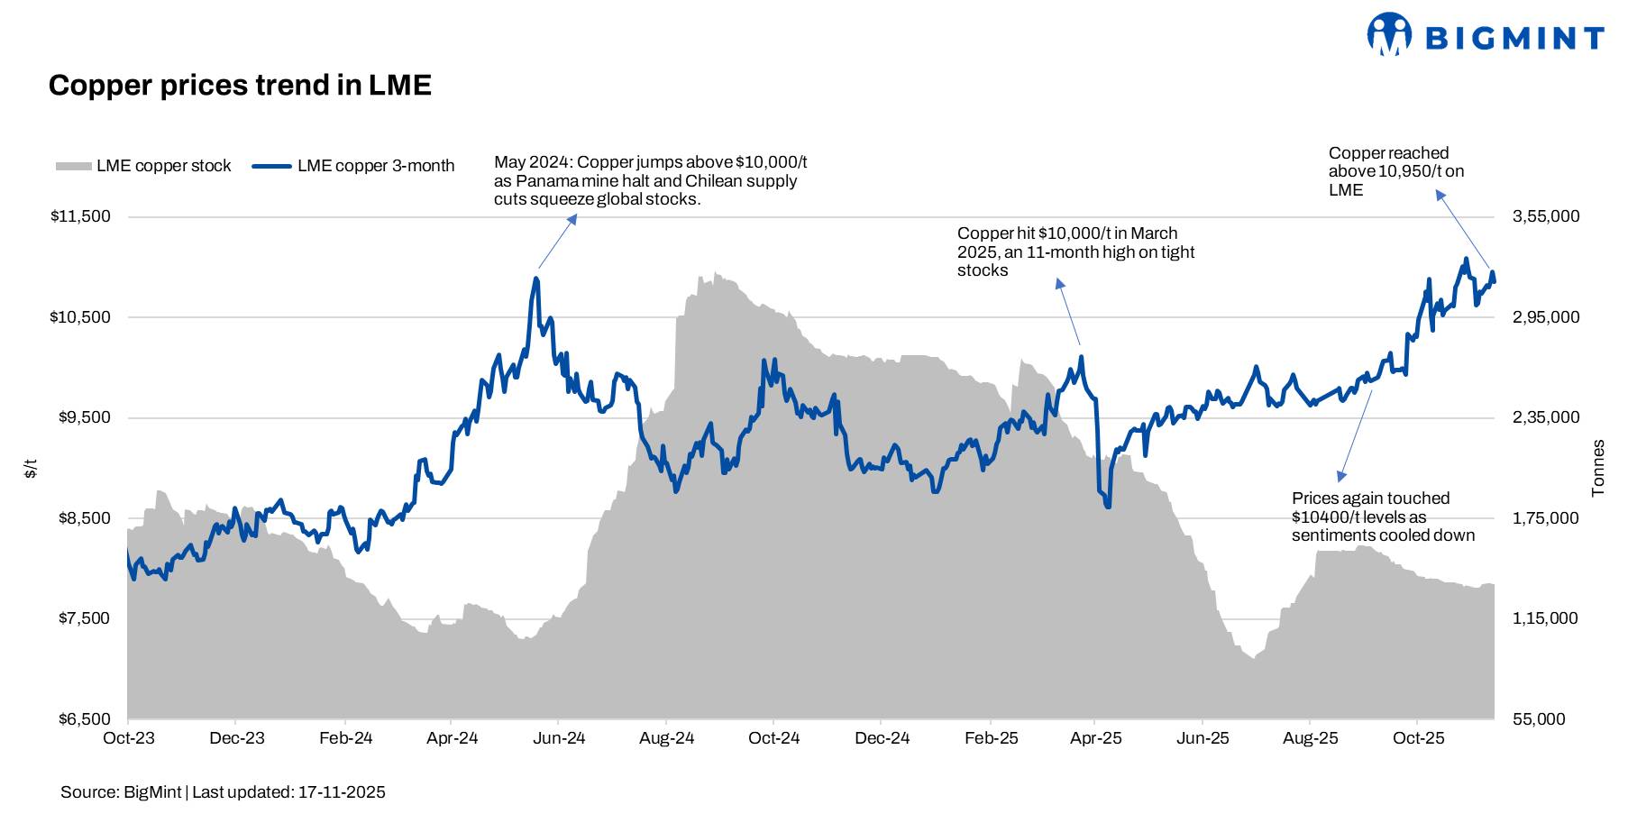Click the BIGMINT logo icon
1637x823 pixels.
click(1389, 35)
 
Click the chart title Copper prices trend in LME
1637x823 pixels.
click(240, 85)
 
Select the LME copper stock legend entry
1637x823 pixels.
click(144, 166)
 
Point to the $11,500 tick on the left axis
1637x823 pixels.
click(80, 216)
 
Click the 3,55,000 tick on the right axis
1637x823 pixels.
click(1546, 216)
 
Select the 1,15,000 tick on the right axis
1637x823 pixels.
click(1546, 618)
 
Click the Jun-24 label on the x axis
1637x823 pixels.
click(559, 738)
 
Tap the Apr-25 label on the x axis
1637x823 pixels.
click(1096, 738)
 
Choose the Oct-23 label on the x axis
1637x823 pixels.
click(129, 738)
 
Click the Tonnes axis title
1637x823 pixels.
click(1598, 468)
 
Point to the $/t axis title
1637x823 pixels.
click(31, 468)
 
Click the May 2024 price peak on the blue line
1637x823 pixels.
click(536, 279)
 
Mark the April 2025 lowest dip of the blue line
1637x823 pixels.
click(1107, 506)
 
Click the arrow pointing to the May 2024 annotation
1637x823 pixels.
click(557, 242)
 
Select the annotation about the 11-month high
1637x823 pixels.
click(1075, 251)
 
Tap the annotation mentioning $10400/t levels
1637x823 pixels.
click(1383, 517)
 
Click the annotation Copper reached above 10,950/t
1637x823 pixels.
click(1395, 171)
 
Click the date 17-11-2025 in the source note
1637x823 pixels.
click(342, 792)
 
